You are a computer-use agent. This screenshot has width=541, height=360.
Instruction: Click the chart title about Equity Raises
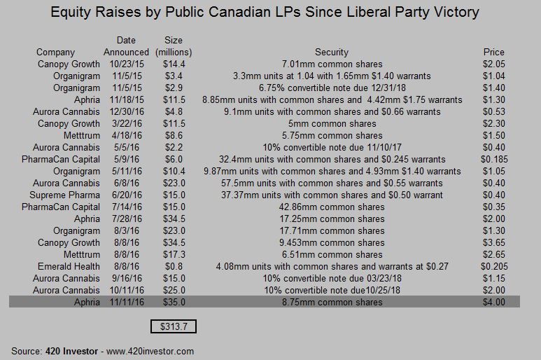click(x=269, y=12)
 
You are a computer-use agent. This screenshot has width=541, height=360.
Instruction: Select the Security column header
click(x=332, y=52)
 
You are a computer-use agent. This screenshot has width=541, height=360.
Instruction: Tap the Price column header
click(x=493, y=52)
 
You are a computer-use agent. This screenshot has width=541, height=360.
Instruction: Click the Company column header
click(x=55, y=52)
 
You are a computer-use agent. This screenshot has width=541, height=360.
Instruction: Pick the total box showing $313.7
click(x=174, y=326)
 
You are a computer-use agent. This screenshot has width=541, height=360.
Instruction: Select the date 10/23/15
click(x=126, y=64)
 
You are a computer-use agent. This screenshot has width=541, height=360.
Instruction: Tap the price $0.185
click(x=493, y=159)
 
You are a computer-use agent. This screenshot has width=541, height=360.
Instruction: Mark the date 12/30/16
click(x=126, y=111)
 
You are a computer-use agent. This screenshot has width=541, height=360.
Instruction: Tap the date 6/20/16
click(x=126, y=195)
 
